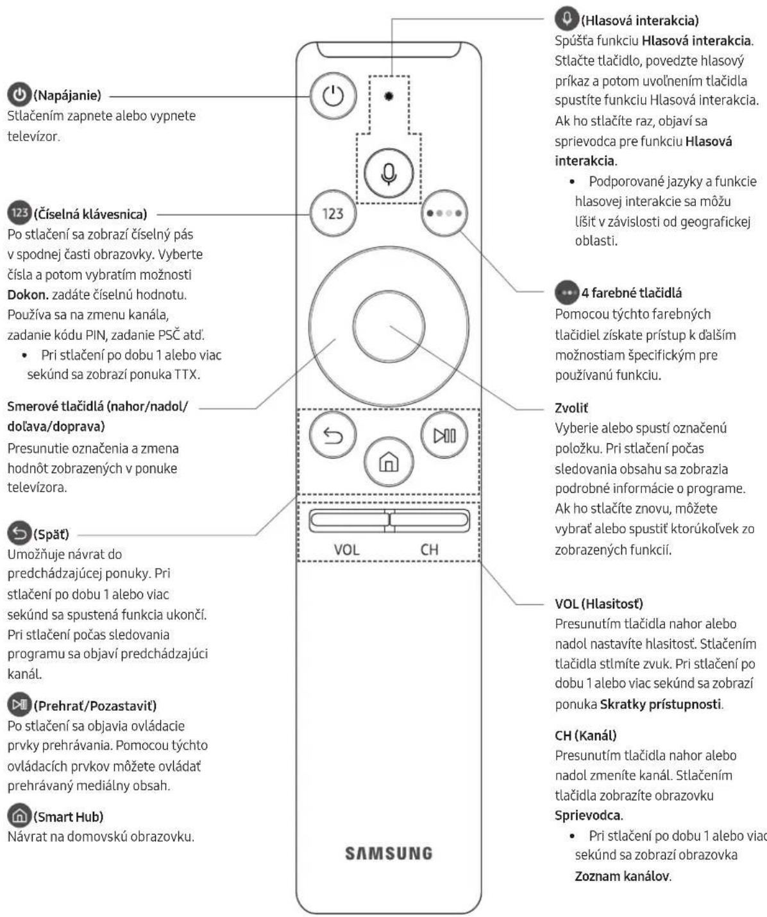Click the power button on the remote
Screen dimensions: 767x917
[333, 96]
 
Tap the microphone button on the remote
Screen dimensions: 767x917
[389, 173]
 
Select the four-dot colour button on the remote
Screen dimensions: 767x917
[444, 213]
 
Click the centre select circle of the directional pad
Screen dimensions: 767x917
[389, 326]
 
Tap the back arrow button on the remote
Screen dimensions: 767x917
[333, 435]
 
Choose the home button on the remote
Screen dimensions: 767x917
[389, 461]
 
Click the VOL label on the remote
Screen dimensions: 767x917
[346, 549]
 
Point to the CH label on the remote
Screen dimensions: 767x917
[429, 549]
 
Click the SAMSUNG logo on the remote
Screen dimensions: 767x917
[389, 853]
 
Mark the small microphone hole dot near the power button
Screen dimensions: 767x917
[389, 96]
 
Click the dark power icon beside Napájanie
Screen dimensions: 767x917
[19, 94]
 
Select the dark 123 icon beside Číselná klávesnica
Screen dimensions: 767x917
[19, 213]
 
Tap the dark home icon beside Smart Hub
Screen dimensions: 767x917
[19, 816]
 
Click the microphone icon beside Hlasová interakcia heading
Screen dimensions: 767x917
[566, 19]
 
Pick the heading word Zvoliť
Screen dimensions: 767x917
[571, 408]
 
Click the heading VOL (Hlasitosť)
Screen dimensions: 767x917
[599, 604]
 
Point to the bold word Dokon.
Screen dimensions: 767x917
[28, 295]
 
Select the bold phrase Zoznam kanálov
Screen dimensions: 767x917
[623, 876]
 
